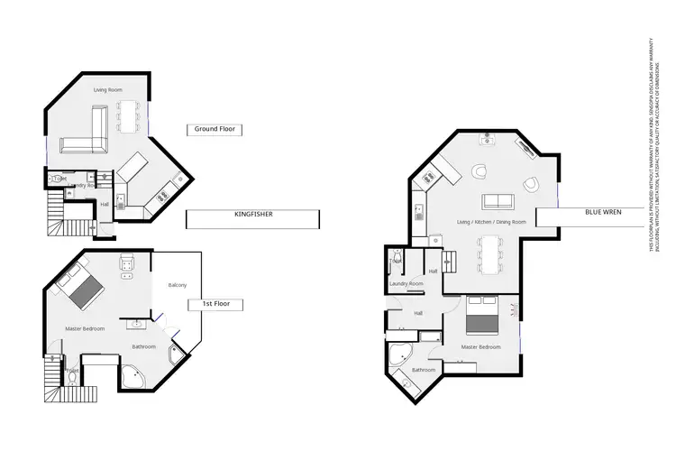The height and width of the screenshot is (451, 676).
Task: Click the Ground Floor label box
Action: (215, 129)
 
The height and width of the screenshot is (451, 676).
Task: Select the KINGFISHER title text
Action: (253, 215)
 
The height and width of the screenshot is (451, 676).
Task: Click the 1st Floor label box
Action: (215, 304)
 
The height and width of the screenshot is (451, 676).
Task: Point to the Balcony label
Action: (178, 286)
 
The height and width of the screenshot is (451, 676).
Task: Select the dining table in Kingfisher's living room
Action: (126, 115)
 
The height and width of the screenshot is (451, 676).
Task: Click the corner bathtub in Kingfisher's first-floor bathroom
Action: (132, 376)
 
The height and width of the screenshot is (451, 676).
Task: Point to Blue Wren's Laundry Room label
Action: (406, 284)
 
